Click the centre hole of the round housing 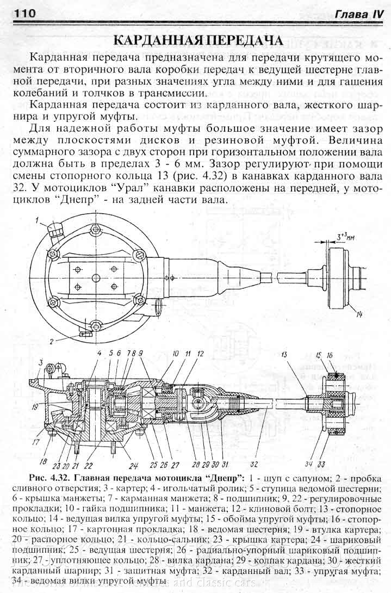coord(96,277)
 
